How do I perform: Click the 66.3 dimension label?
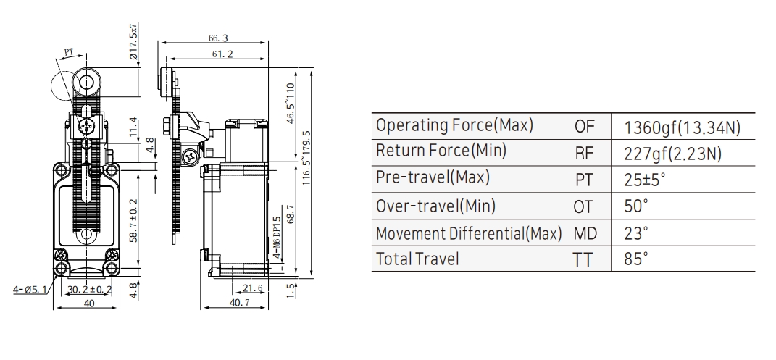click(218, 38)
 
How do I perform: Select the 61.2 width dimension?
click(222, 54)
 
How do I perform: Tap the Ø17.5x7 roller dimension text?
click(133, 43)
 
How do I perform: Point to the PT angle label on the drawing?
click(69, 52)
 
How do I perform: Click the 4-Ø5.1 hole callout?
click(29, 289)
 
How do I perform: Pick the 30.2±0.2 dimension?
click(89, 290)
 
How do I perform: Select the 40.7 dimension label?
click(240, 302)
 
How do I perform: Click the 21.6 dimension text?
click(252, 288)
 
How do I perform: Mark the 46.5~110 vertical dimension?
click(291, 103)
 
